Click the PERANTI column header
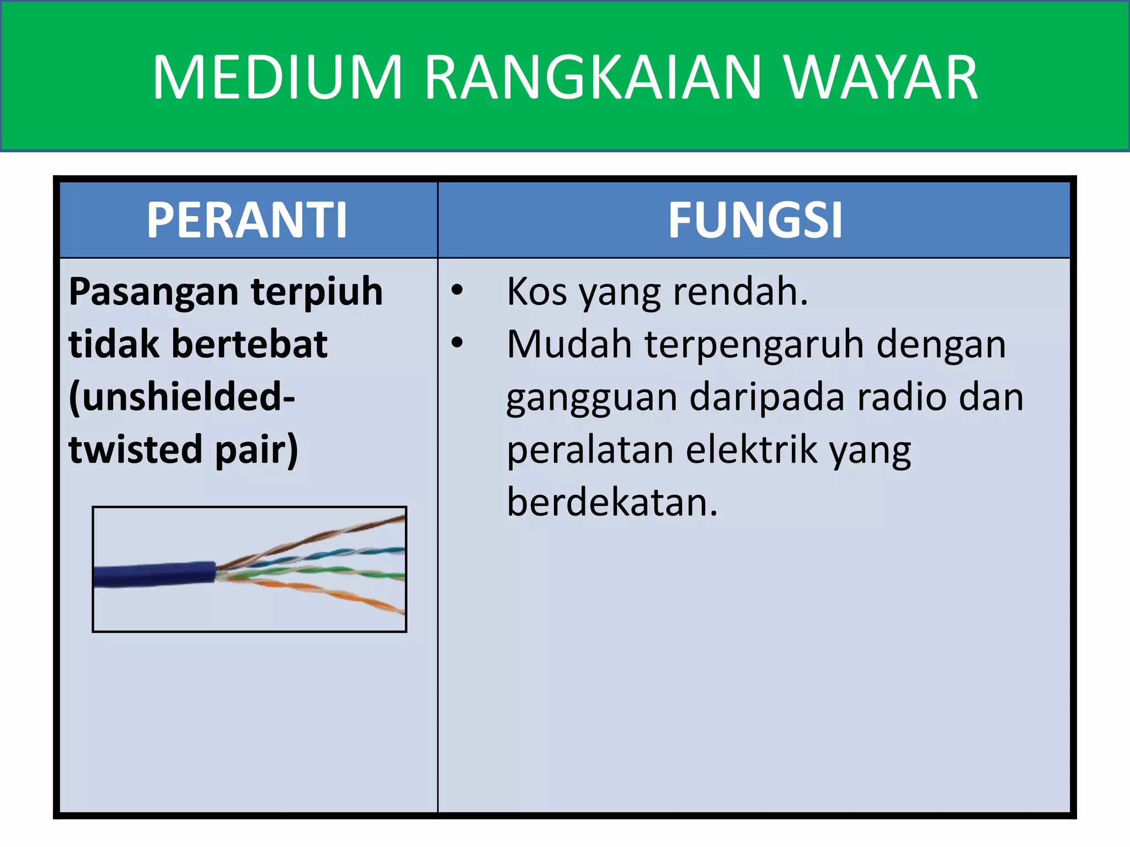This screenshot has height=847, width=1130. pyautogui.click(x=247, y=220)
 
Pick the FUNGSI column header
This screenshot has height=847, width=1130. pyautogui.click(x=755, y=220)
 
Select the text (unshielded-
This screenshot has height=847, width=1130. pyautogui.click(x=182, y=398)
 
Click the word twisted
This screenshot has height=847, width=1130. pyautogui.click(x=135, y=449)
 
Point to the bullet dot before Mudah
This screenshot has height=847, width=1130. pyautogui.click(x=457, y=342)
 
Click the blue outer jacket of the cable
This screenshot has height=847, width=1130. pyautogui.click(x=154, y=575)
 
